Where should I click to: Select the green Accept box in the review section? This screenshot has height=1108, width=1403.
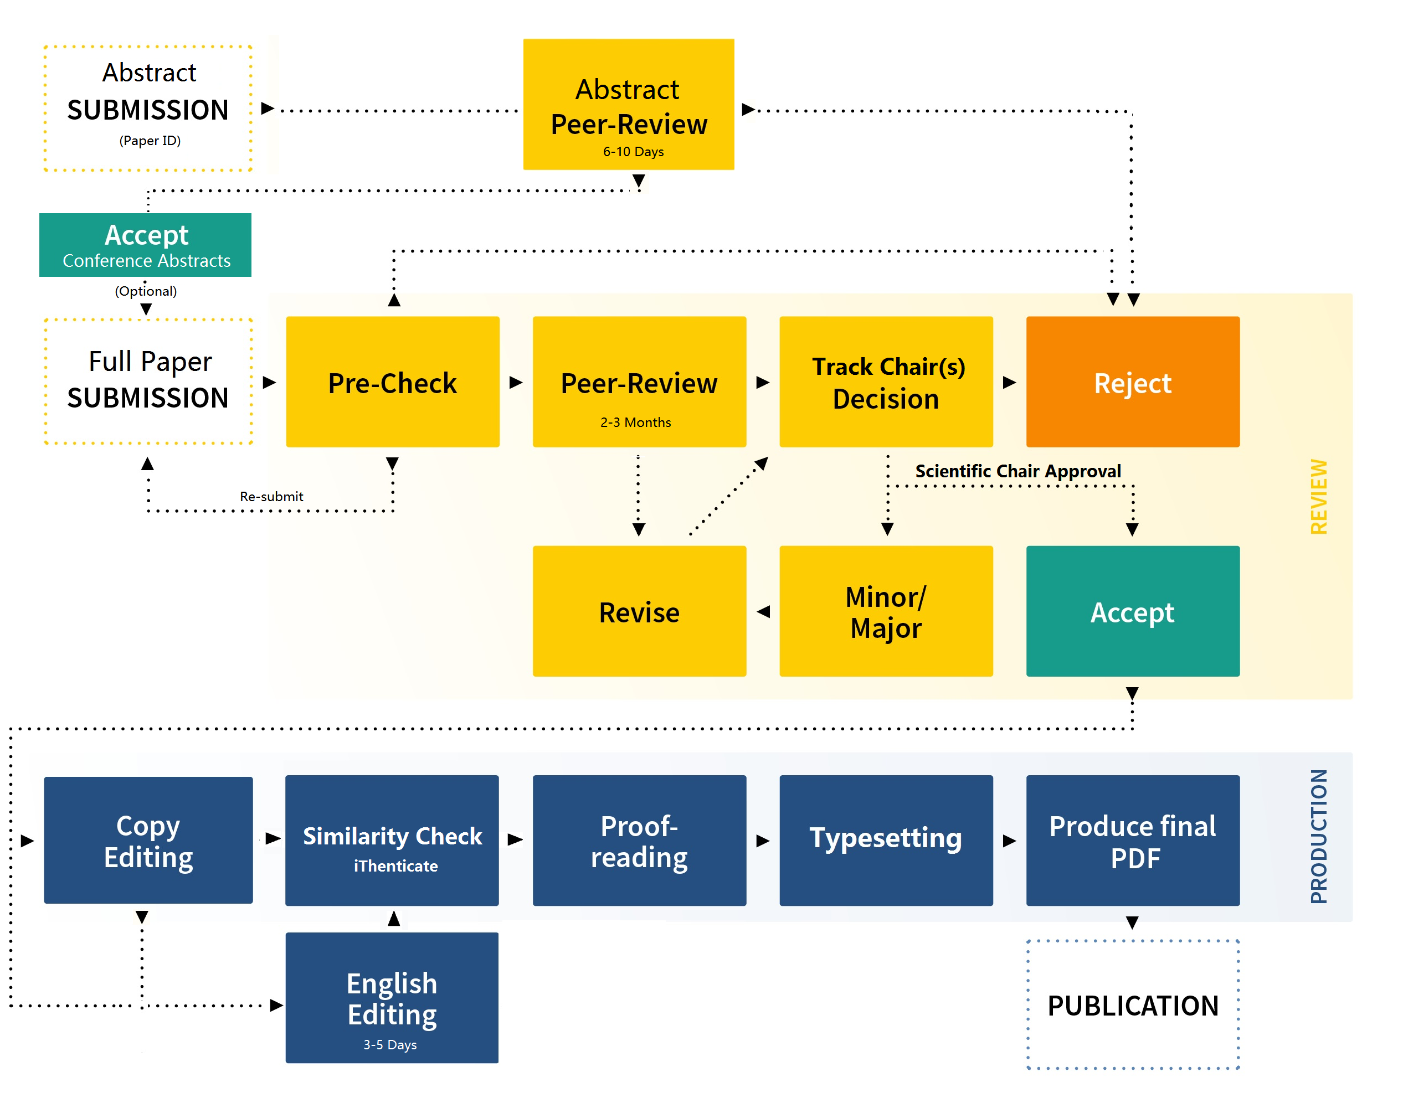point(1132,611)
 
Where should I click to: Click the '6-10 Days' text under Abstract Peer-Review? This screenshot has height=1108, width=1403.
point(633,152)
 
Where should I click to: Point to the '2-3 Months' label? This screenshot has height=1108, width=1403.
point(635,422)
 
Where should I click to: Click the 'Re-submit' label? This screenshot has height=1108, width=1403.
point(271,496)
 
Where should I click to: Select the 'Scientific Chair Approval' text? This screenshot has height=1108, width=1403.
point(1017,471)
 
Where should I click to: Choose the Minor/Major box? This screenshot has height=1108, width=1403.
point(885,611)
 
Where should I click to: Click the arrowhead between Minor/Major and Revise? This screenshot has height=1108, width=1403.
point(763,611)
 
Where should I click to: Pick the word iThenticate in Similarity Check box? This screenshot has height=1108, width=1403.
point(395,865)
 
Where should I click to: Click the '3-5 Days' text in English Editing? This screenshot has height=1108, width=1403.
point(389,1044)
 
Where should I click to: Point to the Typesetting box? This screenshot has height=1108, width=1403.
point(885,839)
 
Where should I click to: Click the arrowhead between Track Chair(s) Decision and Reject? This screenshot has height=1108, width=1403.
point(1009,382)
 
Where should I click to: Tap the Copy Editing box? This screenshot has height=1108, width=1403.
point(148,839)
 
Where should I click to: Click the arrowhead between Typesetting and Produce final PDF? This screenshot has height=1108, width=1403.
point(1009,841)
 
